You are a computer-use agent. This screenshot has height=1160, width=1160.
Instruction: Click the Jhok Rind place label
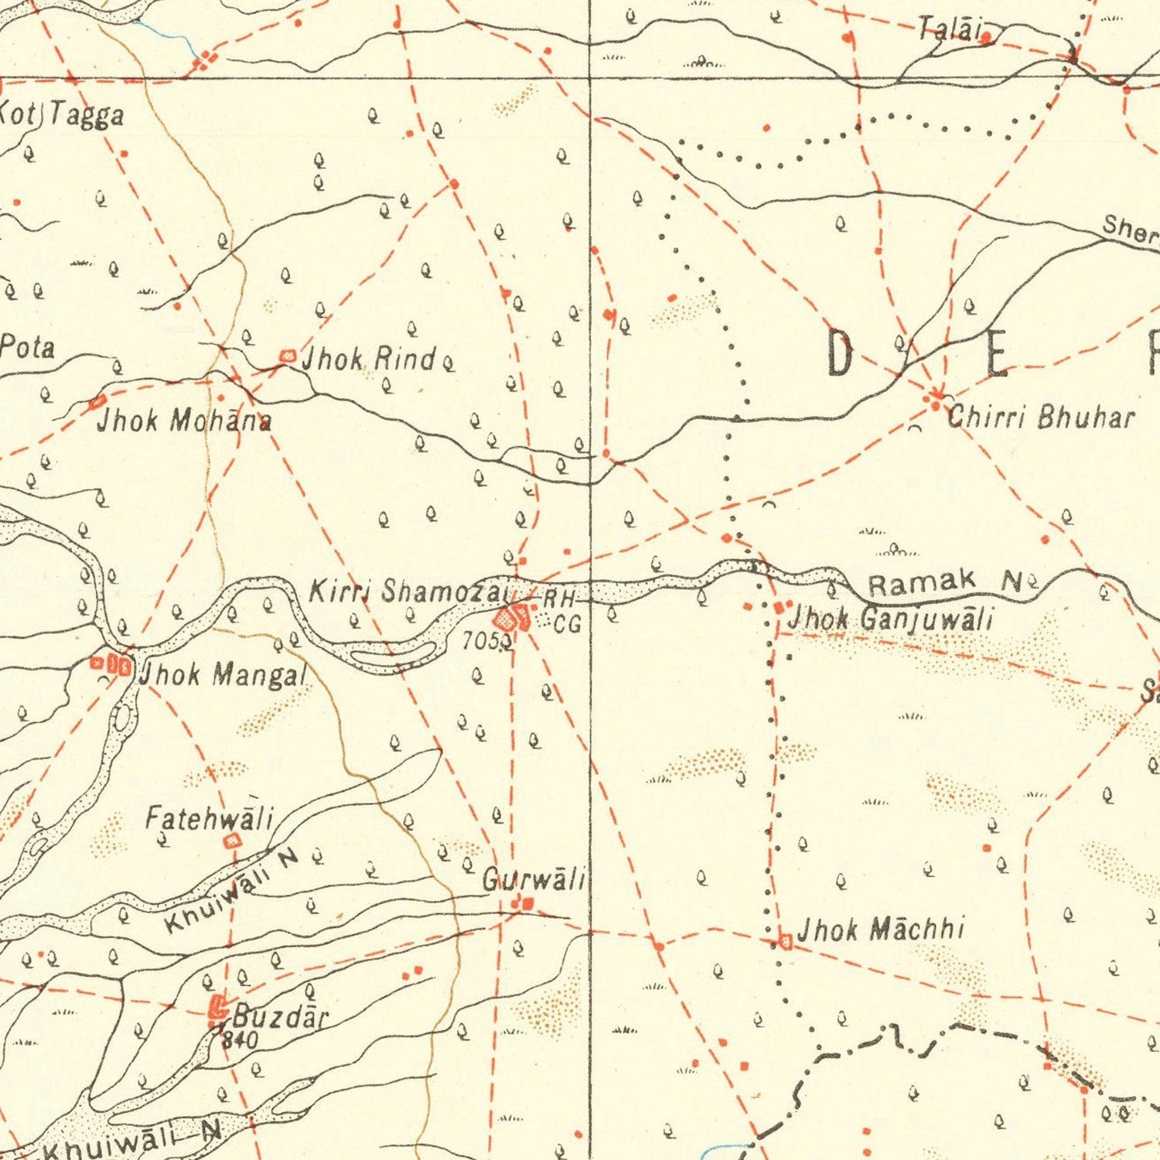[368, 359]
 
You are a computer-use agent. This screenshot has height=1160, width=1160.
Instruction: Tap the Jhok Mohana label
[184, 421]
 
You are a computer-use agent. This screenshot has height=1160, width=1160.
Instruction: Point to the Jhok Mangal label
[223, 674]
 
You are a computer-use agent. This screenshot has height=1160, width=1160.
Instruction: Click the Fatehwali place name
[210, 817]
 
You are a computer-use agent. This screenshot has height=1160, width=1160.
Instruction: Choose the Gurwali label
[534, 879]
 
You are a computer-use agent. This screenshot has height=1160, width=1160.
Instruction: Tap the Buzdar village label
[281, 1015]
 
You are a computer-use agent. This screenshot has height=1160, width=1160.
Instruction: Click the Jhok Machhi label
[881, 929]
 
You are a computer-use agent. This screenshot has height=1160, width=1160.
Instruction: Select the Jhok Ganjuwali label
[890, 619]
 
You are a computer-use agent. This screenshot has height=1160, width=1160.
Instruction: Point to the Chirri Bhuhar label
[1042, 418]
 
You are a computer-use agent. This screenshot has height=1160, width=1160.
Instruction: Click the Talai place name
[950, 30]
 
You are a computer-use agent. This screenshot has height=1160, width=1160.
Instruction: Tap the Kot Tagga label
[62, 115]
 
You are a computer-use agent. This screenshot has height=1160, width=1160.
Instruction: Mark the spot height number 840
[239, 1040]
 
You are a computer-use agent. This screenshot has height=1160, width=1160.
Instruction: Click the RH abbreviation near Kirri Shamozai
[559, 599]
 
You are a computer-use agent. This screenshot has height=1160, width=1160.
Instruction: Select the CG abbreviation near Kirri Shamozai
[568, 624]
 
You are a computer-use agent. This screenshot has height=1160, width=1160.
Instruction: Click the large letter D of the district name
[840, 353]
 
